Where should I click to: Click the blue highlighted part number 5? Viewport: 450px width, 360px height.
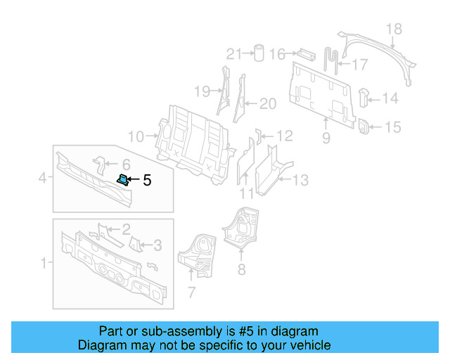tap(122, 180)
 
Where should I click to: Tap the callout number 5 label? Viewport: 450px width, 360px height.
tap(147, 181)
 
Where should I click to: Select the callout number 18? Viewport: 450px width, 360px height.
tap(394, 29)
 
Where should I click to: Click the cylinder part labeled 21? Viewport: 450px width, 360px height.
tap(258, 53)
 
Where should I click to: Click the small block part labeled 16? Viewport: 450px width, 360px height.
tap(306, 53)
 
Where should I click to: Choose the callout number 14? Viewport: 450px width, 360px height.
tap(390, 99)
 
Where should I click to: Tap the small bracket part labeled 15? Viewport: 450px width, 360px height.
tap(365, 127)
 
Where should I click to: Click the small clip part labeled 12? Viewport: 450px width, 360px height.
tap(257, 134)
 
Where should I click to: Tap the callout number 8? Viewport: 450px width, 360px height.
tap(241, 267)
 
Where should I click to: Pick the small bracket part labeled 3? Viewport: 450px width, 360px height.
tap(136, 244)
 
